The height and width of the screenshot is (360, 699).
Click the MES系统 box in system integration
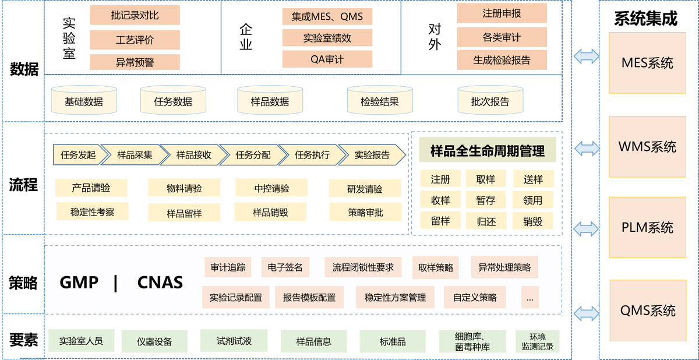point(647,63)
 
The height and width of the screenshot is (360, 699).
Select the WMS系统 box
point(647,146)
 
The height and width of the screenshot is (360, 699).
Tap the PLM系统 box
point(647,227)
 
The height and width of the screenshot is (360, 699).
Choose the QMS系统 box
point(647,310)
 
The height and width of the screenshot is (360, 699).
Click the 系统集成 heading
point(645,19)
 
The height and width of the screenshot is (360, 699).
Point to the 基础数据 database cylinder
point(84,102)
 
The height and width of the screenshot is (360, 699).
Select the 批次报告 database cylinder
point(490,102)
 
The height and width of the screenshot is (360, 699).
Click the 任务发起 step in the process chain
point(77,155)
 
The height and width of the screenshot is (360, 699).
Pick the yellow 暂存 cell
point(485,200)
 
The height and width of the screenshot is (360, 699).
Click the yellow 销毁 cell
point(532,221)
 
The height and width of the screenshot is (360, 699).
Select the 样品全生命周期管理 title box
point(487,151)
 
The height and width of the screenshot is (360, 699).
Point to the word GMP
point(79,283)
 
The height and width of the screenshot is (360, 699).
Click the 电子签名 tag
point(285,267)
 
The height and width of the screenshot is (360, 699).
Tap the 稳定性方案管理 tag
point(395,297)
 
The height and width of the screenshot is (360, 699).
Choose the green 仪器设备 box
point(154,341)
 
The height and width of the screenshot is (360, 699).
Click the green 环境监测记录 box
point(537,341)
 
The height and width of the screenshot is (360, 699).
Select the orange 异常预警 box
point(135,62)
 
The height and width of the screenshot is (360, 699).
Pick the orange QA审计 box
point(327,59)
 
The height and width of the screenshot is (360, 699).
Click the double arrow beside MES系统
point(585,57)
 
